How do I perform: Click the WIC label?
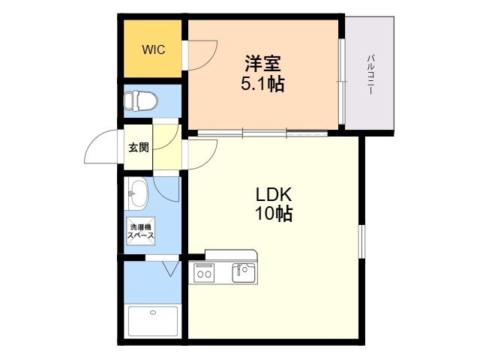[x=154, y=49]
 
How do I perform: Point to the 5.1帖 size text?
[x=262, y=85]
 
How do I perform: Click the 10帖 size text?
[x=272, y=214]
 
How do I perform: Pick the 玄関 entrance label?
[x=138, y=147]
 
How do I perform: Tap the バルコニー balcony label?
[x=371, y=73]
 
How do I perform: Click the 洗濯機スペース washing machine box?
[x=140, y=232]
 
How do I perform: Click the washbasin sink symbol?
[x=138, y=194]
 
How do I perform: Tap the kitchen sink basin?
[x=244, y=272]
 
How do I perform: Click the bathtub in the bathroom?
[x=153, y=321]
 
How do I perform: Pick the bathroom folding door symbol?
[x=168, y=267]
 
